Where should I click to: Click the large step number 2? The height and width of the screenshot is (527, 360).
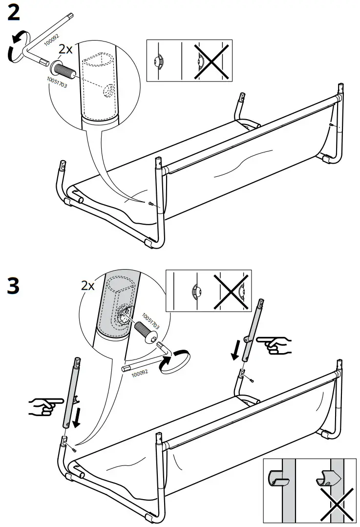click(14, 13)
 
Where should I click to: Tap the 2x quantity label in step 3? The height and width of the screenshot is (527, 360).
click(88, 286)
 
